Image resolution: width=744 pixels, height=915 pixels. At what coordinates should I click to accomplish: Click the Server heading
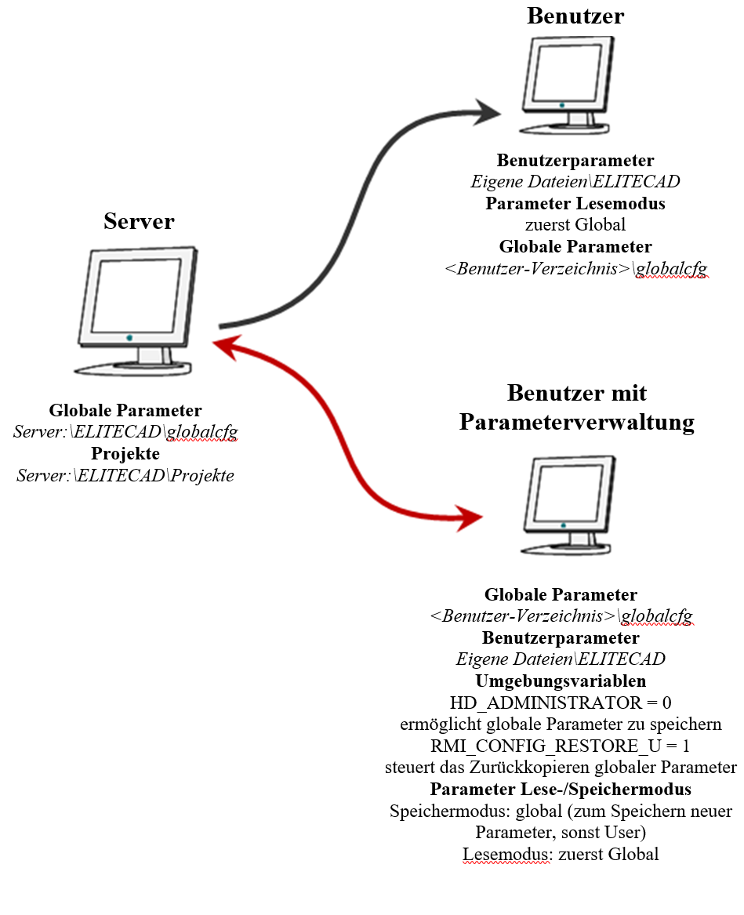(x=139, y=222)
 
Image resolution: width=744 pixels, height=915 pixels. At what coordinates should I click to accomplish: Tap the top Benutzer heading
(x=575, y=16)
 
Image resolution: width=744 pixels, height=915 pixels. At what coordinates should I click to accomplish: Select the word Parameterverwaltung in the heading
(x=576, y=422)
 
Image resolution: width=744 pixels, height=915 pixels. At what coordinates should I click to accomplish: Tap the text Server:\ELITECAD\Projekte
(x=125, y=475)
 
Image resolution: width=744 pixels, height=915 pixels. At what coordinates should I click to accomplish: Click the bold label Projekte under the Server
(x=125, y=454)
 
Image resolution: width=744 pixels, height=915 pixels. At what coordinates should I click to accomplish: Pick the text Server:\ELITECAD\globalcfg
(x=125, y=432)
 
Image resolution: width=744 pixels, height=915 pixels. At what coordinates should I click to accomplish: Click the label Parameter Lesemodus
(x=575, y=204)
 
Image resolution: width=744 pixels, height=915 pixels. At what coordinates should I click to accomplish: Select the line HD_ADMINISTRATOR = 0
(x=561, y=702)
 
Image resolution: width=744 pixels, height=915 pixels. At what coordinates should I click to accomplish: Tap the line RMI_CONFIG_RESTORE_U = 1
(x=561, y=745)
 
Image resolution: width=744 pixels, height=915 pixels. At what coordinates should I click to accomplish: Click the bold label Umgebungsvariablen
(x=561, y=681)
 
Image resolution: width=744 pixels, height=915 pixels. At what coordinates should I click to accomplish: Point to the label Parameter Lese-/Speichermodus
(x=561, y=789)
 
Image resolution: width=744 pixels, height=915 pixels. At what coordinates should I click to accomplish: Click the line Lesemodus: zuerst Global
(x=561, y=854)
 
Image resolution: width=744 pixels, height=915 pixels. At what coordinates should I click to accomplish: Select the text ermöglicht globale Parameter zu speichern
(x=561, y=723)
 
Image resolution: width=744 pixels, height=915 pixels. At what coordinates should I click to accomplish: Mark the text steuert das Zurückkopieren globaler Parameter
(x=561, y=767)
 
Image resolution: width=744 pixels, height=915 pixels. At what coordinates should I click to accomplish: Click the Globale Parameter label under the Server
(x=125, y=411)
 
